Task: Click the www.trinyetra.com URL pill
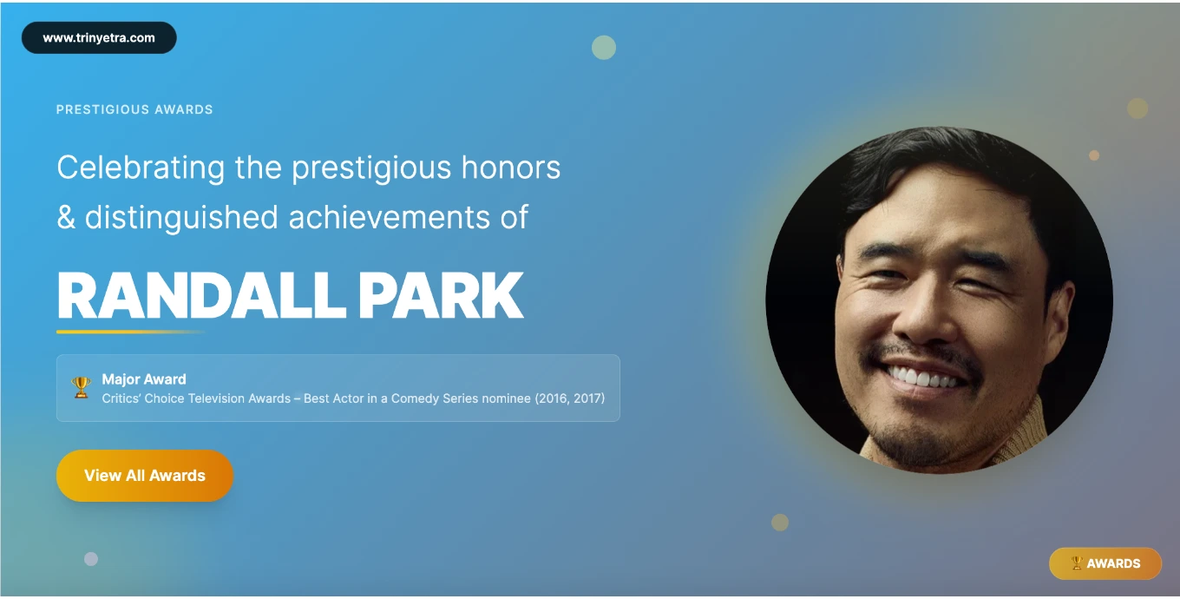[x=99, y=38]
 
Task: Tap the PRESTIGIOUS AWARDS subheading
[x=134, y=109]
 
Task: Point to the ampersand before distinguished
[x=66, y=217]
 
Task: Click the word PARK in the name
[x=441, y=296]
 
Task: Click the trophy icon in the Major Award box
[x=82, y=387]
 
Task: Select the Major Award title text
[x=144, y=379]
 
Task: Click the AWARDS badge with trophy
[x=1105, y=563]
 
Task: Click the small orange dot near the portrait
[x=1094, y=155]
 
